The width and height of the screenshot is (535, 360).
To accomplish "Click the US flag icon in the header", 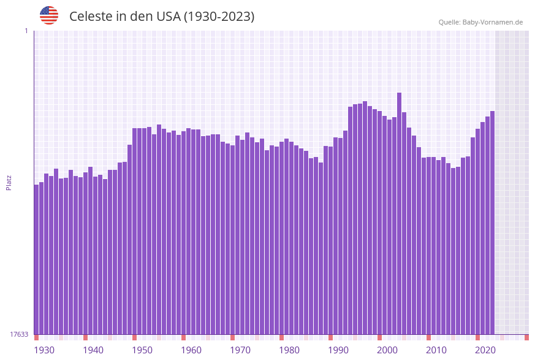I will pos(49,15).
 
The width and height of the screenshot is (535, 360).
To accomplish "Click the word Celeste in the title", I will pos(90,17).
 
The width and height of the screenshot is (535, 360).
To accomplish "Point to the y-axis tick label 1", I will pos(26,31).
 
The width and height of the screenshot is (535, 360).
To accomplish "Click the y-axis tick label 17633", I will pos(19,334).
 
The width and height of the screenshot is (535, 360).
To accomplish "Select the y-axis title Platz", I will pos(9,182).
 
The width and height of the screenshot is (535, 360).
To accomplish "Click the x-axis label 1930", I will pos(44,350).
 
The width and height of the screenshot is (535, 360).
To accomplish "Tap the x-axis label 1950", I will pos(142,350).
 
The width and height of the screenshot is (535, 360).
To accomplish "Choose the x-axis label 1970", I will pos(240,350).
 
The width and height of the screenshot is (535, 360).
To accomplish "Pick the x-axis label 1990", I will pos(338,350).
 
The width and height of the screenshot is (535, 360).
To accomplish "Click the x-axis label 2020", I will pos(485,350).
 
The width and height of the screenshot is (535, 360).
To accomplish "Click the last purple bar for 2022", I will pos(492,221).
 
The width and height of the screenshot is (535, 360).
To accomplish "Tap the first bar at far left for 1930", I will pos(36,258).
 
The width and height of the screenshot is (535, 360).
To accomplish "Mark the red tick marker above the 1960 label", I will pos(183,337).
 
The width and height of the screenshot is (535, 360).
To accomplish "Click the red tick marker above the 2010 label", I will pos(428,337).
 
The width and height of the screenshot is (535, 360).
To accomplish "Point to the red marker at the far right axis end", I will pos(526,337).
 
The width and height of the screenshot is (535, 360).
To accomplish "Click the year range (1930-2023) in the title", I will pos(219,17).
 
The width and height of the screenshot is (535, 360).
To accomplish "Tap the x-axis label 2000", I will pos(387,350).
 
